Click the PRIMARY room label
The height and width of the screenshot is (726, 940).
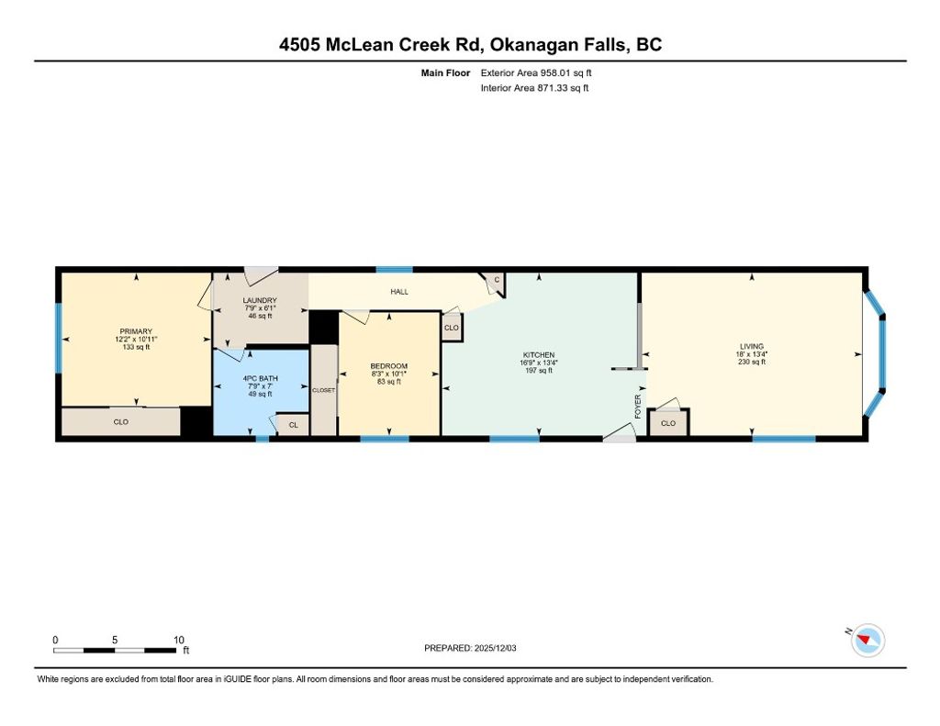[136, 331]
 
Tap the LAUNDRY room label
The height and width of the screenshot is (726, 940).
[260, 300]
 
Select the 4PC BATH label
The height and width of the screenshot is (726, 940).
[260, 378]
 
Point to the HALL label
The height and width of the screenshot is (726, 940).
[399, 291]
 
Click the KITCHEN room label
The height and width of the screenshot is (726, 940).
[539, 355]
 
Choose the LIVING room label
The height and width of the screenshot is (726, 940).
[752, 346]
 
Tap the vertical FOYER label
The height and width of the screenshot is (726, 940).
[638, 407]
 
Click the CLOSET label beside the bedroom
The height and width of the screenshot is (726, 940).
[324, 390]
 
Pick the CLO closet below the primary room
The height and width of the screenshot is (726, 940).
[121, 421]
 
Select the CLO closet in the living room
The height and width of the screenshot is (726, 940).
[668, 422]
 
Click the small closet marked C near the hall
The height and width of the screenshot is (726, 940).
[497, 280]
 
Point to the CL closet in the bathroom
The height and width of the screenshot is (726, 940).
[294, 425]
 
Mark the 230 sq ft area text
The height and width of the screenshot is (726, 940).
[752, 362]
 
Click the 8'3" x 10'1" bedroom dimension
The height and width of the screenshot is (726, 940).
[389, 374]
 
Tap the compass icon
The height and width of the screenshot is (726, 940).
[867, 640]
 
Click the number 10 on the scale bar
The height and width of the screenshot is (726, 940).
[179, 640]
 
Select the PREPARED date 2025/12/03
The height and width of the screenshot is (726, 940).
[495, 648]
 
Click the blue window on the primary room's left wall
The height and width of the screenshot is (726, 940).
[59, 338]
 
